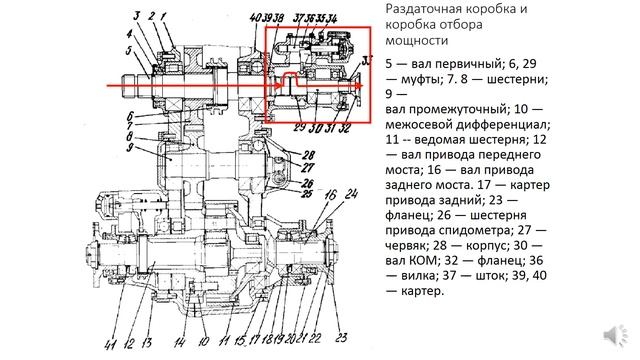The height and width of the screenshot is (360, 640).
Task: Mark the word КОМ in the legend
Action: [x=420, y=258]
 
